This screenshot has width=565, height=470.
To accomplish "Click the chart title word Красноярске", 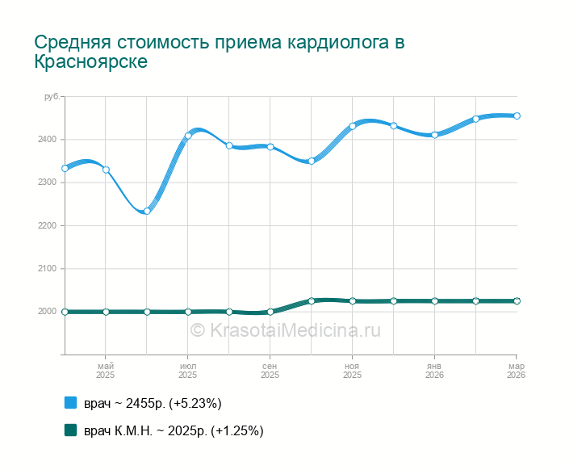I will click(x=91, y=61).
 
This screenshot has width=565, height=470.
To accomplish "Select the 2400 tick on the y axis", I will click(x=48, y=140).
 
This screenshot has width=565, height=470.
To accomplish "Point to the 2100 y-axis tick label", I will click(x=48, y=269).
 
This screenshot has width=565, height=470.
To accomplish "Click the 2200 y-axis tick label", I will click(x=48, y=226).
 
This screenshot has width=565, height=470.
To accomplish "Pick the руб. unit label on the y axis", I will click(x=52, y=97).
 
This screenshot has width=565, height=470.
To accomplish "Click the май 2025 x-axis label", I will click(x=106, y=371).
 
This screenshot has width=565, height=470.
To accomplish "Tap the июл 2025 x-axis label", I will click(x=188, y=371).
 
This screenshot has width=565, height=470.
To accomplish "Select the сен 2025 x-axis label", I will click(x=270, y=371).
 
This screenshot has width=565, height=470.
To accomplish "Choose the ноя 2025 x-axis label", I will click(x=352, y=371).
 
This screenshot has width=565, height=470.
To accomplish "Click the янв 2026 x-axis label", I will click(x=434, y=371).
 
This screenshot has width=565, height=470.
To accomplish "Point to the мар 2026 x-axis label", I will click(x=515, y=371).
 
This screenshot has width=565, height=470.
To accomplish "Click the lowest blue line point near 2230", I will click(x=147, y=212).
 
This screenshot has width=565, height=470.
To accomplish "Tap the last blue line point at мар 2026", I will click(x=517, y=115).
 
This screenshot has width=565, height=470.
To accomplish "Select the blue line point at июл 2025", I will click(x=188, y=136).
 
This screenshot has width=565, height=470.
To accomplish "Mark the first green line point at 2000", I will click(x=65, y=312).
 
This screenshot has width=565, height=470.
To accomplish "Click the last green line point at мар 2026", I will click(x=517, y=301).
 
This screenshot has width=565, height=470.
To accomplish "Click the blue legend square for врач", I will click(x=70, y=402).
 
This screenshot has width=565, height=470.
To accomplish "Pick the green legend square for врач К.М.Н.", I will click(x=70, y=430).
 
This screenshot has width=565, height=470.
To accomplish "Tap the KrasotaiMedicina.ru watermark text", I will click(x=285, y=329).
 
